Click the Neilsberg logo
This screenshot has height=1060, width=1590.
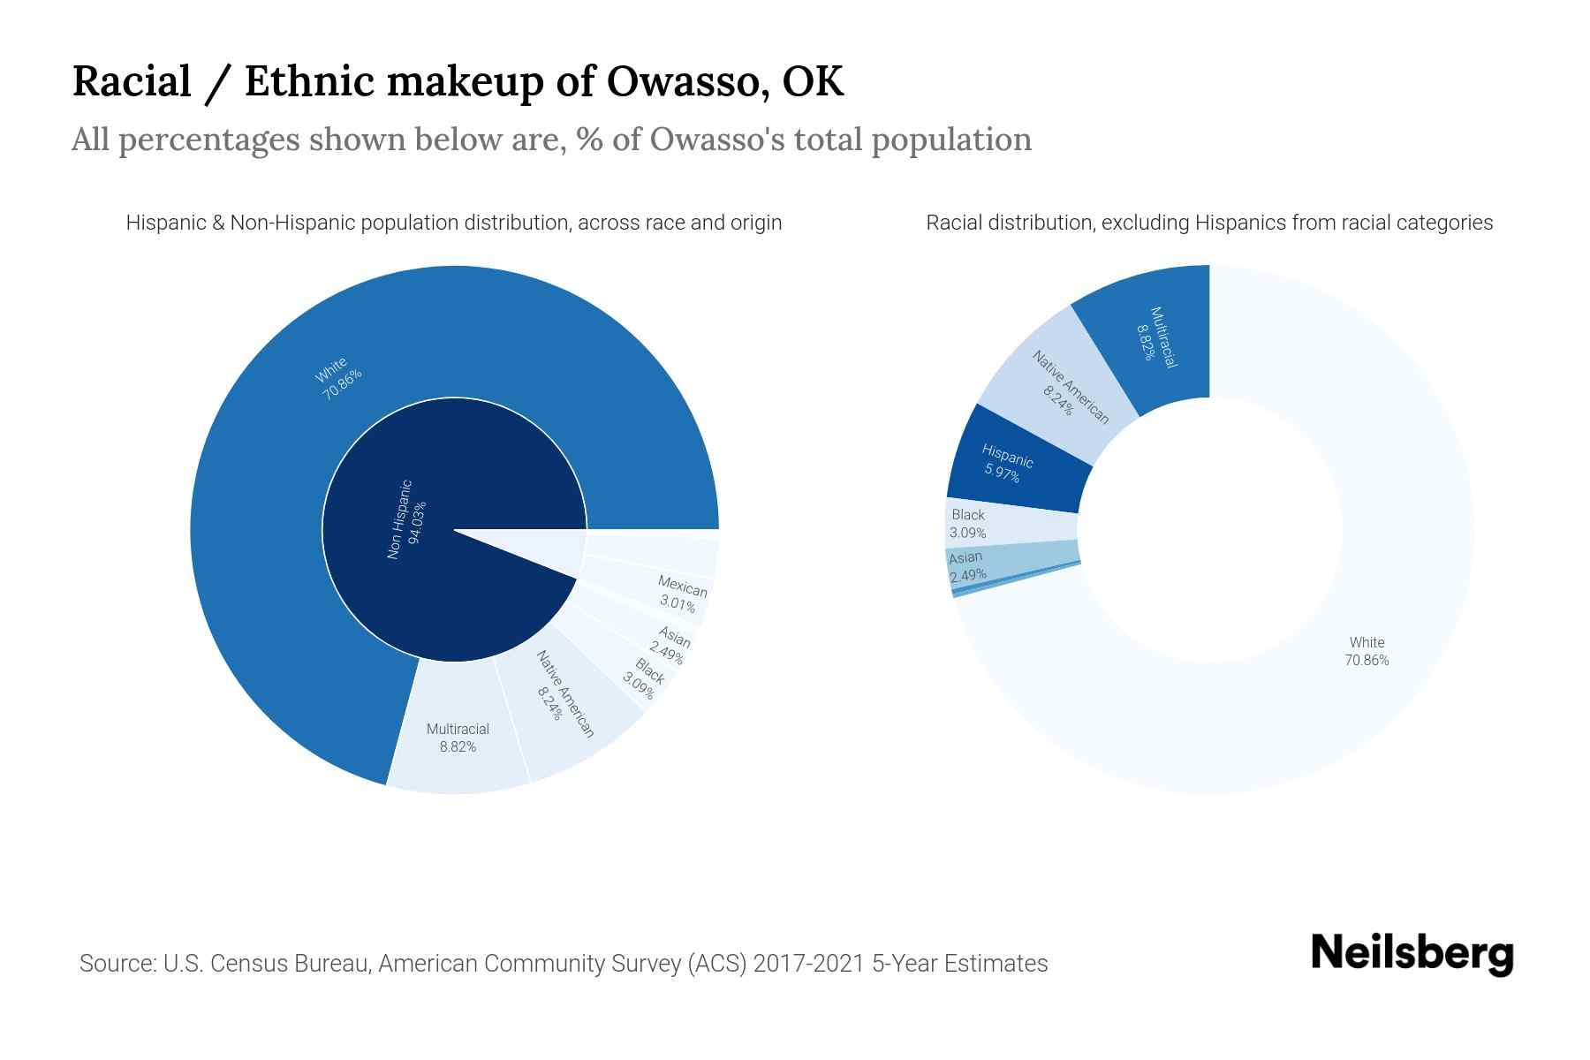click(1412, 954)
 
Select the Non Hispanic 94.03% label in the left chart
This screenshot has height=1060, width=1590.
click(406, 519)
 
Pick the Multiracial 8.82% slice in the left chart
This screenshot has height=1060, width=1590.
click(458, 738)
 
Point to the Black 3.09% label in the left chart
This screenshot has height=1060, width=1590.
click(644, 679)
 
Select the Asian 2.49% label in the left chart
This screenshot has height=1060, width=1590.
click(670, 645)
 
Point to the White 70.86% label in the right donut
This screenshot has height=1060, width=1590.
click(1367, 651)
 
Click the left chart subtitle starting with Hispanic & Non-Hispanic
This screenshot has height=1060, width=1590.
click(454, 223)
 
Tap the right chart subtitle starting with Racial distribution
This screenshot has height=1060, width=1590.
click(1209, 223)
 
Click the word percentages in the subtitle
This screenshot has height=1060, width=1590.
click(209, 140)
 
